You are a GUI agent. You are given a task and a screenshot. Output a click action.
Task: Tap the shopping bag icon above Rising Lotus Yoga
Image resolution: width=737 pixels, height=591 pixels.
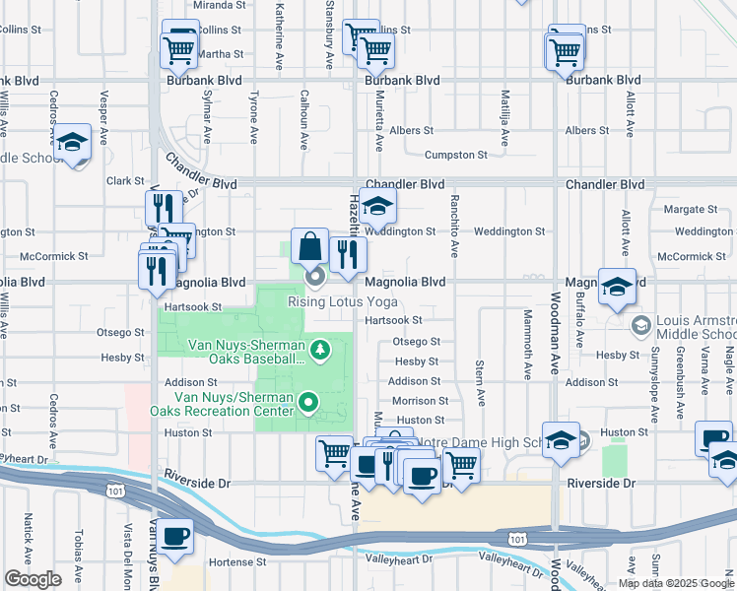(309, 248)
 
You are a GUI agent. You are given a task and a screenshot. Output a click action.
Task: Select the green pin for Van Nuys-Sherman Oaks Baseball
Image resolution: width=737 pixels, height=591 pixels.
(319, 349)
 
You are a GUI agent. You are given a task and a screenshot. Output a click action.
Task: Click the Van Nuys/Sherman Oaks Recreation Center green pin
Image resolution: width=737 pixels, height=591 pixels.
(309, 401)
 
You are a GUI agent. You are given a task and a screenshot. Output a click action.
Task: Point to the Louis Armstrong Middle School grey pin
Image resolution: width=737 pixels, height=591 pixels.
(641, 324)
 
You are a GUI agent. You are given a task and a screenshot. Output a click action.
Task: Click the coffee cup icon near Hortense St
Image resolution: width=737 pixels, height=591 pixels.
(175, 537)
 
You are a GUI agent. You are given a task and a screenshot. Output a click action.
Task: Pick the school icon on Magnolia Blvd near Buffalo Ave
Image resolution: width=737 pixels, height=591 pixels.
(617, 287)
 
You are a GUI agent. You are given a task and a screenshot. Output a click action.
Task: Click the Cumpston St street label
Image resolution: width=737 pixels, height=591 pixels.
(455, 155)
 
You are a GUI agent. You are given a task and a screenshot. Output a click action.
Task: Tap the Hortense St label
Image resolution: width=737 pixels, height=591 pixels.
(234, 562)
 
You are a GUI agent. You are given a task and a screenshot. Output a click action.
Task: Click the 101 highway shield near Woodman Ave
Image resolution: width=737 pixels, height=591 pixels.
(517, 538)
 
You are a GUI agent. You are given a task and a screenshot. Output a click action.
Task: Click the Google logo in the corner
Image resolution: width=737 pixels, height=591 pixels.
(33, 579)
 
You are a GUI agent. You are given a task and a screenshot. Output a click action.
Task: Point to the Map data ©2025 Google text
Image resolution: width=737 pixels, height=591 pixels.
(676, 583)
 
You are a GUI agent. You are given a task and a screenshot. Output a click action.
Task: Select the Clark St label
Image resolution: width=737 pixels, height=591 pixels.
(125, 181)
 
